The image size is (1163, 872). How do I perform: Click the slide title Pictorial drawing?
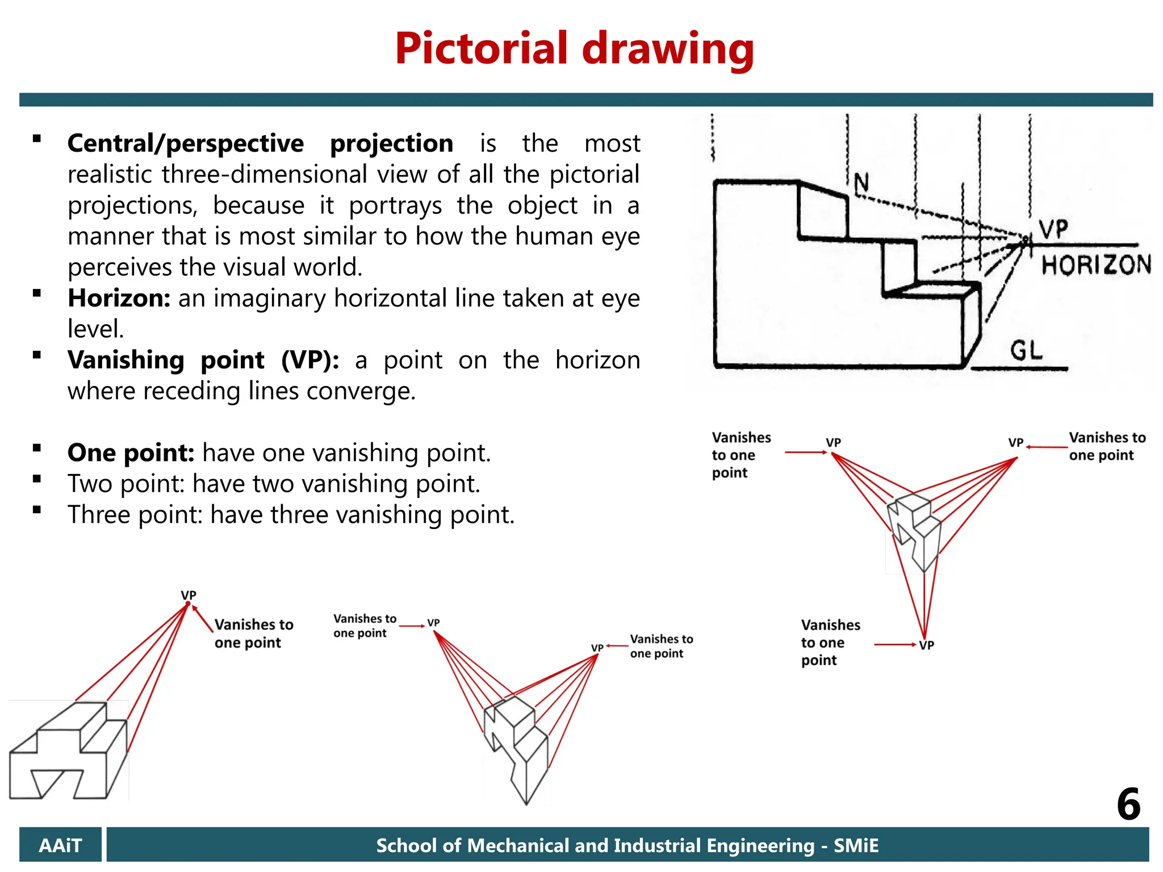point(574,49)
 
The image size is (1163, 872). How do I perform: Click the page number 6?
point(1128,804)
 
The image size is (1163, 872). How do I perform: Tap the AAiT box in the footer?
point(60,845)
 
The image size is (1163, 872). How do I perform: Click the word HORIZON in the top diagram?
point(1095,265)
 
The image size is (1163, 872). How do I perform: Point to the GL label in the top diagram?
point(1026,350)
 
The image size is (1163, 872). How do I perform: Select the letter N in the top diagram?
point(861,183)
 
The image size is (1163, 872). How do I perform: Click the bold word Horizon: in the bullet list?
point(119,298)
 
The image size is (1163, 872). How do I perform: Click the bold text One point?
point(131,453)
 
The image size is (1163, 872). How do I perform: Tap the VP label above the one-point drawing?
point(189,595)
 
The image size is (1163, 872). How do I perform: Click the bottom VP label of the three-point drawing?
point(927,645)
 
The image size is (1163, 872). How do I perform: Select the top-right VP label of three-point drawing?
point(1016,442)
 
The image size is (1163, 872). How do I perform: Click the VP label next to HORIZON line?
point(1054,229)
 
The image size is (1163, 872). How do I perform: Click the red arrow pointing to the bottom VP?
point(894,644)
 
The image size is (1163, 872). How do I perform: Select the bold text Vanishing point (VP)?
point(203,360)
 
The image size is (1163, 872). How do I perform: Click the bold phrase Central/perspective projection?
point(260,143)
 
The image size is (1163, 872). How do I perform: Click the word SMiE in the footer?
point(856,845)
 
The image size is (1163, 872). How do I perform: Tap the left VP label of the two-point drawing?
point(433,623)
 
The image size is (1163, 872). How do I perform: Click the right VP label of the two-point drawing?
point(597,648)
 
